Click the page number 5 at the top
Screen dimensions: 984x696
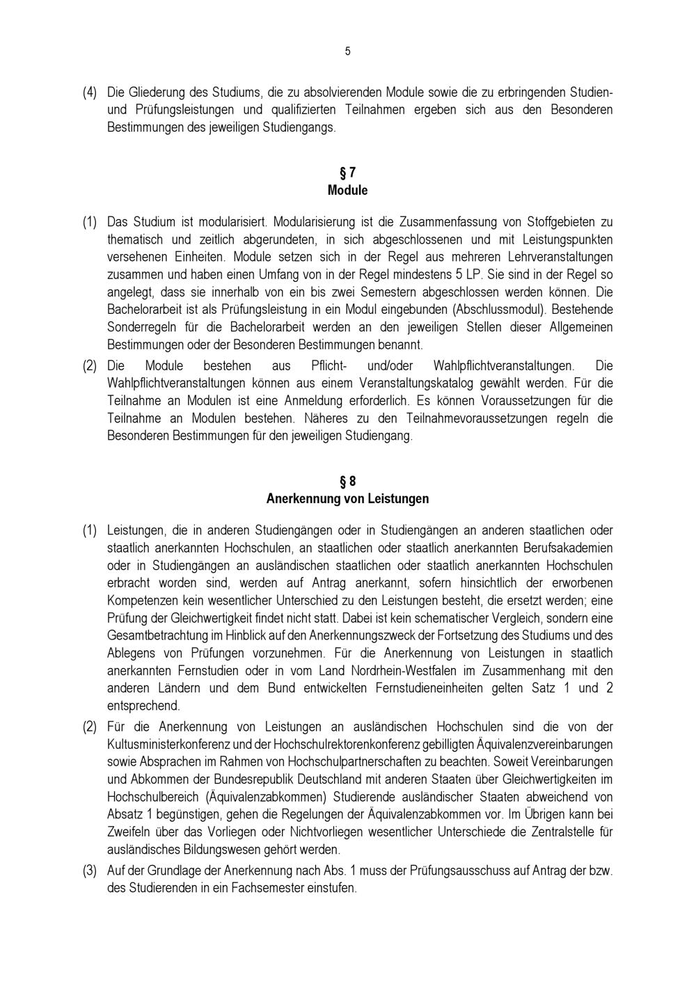[x=347, y=51]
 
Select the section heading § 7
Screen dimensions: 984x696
[x=347, y=173]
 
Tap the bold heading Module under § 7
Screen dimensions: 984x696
[x=347, y=190]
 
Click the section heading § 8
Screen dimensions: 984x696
[x=347, y=482]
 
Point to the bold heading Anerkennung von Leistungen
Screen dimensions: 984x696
[x=347, y=499]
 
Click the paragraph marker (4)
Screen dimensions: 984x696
[x=90, y=93]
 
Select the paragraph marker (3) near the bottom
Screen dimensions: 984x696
[x=90, y=871]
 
